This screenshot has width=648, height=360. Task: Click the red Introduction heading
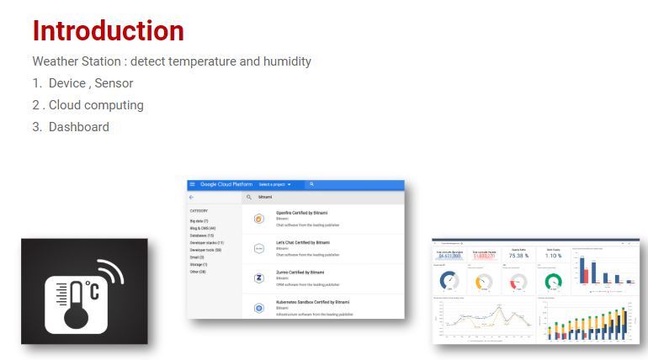[108, 31]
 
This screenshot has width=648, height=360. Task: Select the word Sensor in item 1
[114, 83]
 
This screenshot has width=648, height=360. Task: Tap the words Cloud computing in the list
[96, 105]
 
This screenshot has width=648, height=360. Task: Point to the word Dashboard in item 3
[78, 127]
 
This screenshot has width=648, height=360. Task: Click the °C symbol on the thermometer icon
[92, 290]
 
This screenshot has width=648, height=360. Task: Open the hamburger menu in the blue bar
[193, 184]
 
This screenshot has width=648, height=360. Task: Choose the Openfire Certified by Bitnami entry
[301, 212]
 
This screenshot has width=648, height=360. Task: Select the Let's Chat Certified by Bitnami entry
[302, 242]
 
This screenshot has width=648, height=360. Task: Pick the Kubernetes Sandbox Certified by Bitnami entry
[312, 301]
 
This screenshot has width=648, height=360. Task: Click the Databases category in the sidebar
[202, 236]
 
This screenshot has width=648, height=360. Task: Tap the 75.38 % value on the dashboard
[518, 256]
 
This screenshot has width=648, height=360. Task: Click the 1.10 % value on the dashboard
[553, 256]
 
